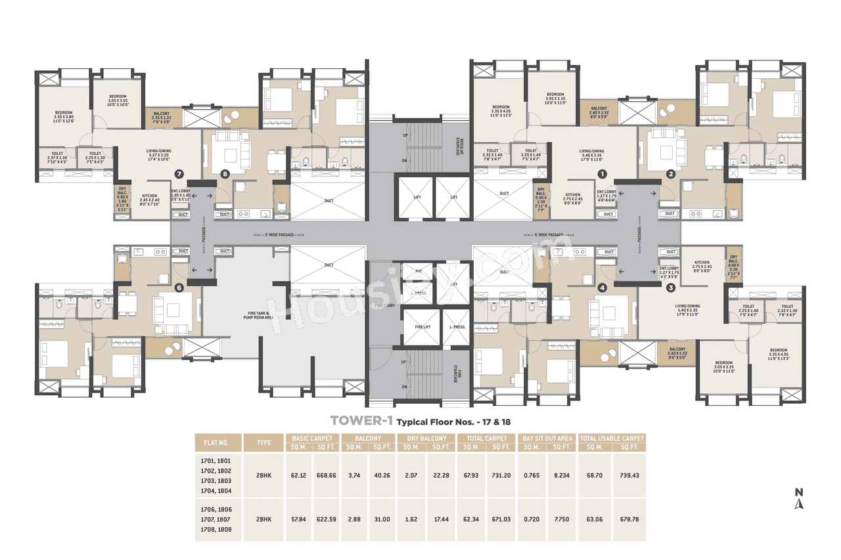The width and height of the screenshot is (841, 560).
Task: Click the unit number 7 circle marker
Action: click(x=178, y=174)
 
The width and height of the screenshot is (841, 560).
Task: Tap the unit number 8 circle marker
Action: click(x=225, y=174)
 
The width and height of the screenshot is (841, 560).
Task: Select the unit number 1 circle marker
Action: click(x=601, y=174)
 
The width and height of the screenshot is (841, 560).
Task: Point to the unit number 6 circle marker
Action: click(x=178, y=287)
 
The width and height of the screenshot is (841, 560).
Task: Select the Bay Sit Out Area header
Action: click(x=546, y=438)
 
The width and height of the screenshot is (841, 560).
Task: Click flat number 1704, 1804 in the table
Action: click(x=216, y=490)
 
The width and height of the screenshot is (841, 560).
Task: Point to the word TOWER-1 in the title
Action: click(x=356, y=421)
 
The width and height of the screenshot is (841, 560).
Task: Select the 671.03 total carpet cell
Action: click(x=501, y=519)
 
